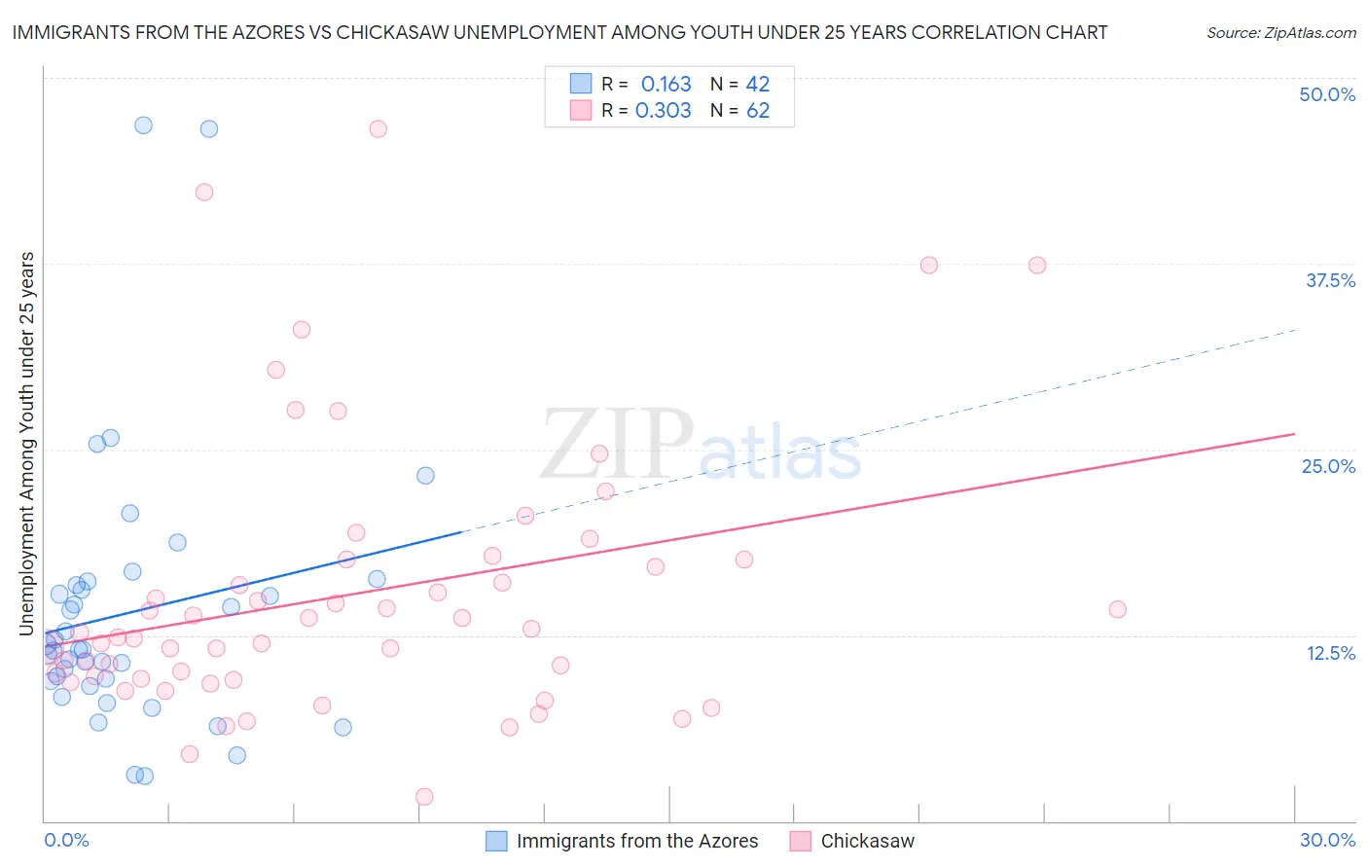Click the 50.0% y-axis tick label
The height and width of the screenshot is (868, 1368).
pos(1327,94)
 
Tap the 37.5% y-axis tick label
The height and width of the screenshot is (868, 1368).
pos(1330,280)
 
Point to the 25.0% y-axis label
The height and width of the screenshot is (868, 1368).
pos(1328,466)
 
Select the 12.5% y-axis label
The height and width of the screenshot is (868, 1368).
pos(1330,653)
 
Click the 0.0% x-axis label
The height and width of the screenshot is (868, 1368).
pos(66,840)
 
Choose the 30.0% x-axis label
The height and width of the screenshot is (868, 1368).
pos(1327,840)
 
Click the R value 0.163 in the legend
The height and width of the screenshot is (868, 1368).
pos(666,85)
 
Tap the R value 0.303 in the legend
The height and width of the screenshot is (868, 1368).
pos(663,111)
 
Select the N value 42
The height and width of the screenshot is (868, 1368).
pos(758,85)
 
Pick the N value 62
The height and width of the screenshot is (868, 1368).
pos(758,111)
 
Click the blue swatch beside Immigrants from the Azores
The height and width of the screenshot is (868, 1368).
pos(496,841)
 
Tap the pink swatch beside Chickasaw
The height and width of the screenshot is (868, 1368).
pos(801,841)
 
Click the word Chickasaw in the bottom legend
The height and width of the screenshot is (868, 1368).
pos(867,841)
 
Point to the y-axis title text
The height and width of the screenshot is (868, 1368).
pos(26,444)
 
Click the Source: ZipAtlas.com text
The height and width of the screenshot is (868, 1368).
pos(1280,33)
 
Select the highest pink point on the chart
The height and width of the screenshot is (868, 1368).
pos(378,128)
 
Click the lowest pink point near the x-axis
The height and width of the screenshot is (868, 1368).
pos(424,797)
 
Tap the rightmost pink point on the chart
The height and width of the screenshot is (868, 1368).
pos(1117,609)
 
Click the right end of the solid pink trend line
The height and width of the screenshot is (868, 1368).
pos(1294,433)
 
